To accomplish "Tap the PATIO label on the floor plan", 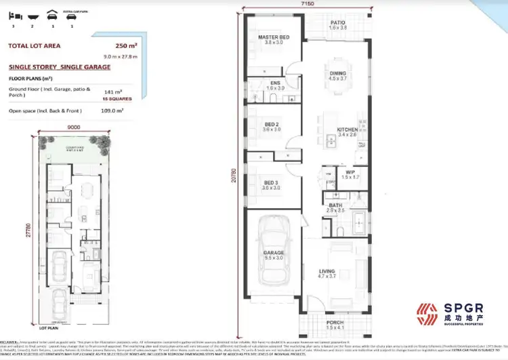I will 338,23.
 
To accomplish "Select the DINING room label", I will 337,75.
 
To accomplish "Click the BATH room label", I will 335,205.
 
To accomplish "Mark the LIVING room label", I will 328,272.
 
